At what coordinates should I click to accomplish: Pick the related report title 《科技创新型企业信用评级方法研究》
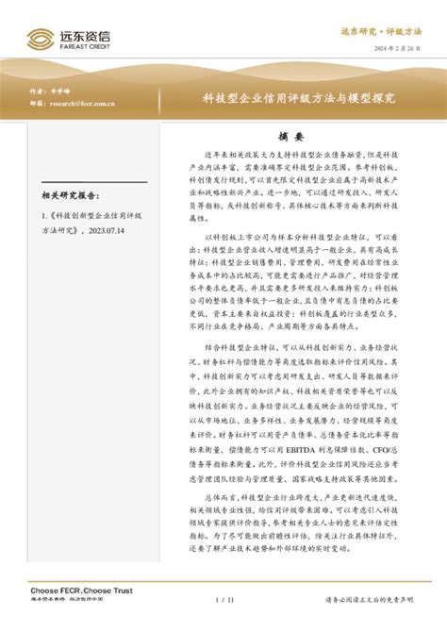tap(94, 233)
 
